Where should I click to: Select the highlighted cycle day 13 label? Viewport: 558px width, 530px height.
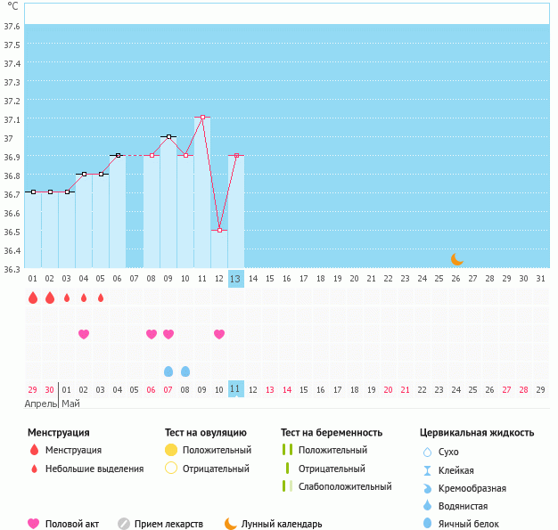pyautogui.click(x=235, y=279)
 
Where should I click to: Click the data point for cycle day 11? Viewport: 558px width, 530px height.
pyautogui.click(x=202, y=117)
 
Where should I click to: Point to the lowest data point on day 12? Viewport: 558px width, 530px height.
pyautogui.click(x=219, y=230)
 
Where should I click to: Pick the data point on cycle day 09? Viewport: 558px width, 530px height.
pyautogui.click(x=168, y=136)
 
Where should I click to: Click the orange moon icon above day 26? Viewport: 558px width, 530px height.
pyautogui.click(x=457, y=258)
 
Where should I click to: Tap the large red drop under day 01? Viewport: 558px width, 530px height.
pyautogui.click(x=33, y=298)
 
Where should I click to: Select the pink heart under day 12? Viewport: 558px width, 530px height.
pyautogui.click(x=219, y=334)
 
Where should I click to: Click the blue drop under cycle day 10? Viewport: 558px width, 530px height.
pyautogui.click(x=185, y=371)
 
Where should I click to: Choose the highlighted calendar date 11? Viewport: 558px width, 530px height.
pyautogui.click(x=235, y=389)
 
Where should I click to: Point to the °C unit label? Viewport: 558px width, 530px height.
pyautogui.click(x=12, y=6)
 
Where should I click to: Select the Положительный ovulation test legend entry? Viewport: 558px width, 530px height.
pyautogui.click(x=217, y=450)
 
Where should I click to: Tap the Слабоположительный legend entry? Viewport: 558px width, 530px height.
pyautogui.click(x=345, y=486)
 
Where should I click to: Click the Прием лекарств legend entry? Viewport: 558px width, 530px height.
pyautogui.click(x=168, y=524)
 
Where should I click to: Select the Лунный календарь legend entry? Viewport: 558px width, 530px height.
pyautogui.click(x=281, y=524)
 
